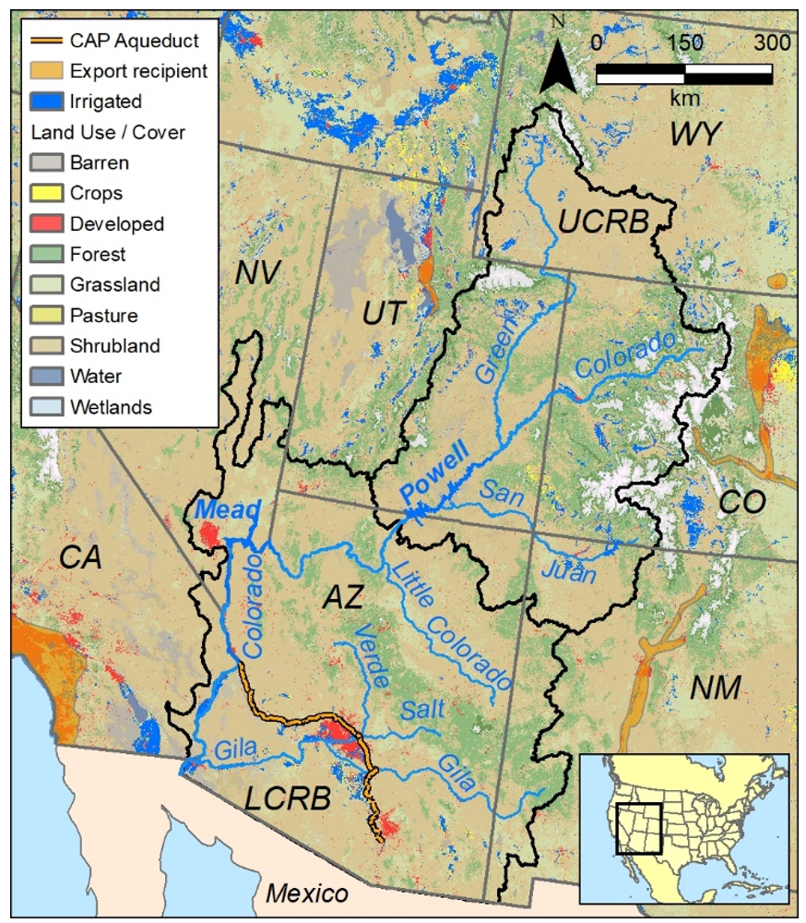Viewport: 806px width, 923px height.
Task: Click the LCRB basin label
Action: [287, 797]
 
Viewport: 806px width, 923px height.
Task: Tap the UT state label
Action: [382, 314]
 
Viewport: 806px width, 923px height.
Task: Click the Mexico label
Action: [307, 893]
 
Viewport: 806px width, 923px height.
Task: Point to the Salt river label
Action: [423, 710]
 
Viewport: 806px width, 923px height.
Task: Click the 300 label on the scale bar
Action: [771, 42]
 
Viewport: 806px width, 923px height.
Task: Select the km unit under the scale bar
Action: [683, 96]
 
